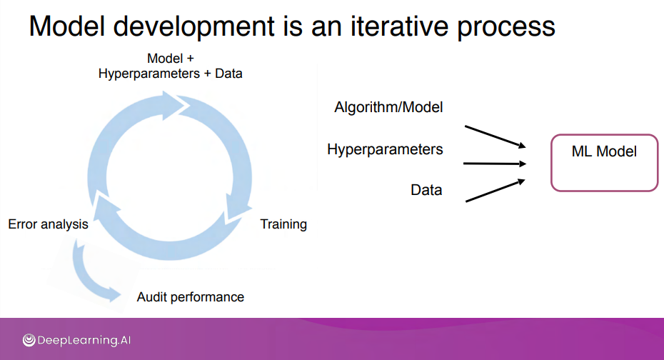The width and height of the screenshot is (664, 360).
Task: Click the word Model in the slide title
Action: point(67,26)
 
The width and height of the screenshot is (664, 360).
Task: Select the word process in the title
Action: point(506,29)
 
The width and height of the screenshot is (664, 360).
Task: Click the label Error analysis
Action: point(48,224)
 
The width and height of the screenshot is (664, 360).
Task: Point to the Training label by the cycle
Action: point(283,224)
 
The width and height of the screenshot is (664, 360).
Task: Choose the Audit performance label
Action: point(190,297)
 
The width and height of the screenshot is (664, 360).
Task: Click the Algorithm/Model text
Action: point(388,107)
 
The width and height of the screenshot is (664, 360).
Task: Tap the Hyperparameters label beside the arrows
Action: point(385,149)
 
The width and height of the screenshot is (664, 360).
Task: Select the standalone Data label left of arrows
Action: point(426,190)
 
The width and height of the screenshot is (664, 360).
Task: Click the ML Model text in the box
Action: point(604,151)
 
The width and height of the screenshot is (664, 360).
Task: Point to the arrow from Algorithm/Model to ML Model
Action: point(495,136)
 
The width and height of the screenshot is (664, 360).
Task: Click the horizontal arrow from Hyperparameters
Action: point(495,164)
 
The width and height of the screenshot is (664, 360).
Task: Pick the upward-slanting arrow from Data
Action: point(495,190)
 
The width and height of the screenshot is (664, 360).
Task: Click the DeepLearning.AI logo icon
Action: point(29,340)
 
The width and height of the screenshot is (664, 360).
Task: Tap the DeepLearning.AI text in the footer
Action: point(84,340)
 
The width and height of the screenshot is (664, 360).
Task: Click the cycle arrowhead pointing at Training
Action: point(237,208)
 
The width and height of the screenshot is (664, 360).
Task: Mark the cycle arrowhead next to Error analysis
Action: point(105,206)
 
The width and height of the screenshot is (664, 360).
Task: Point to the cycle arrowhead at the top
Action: point(176,104)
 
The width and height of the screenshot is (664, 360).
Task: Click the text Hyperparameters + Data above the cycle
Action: point(170,74)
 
